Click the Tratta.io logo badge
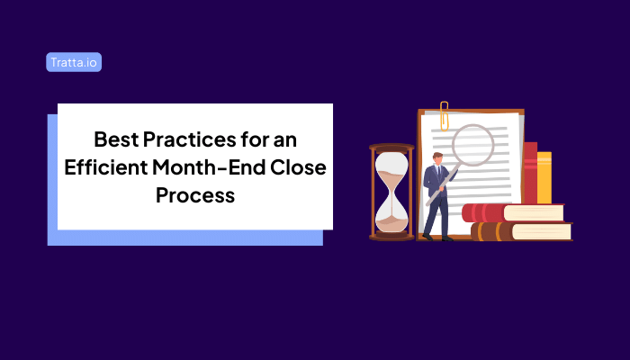[x=73, y=62]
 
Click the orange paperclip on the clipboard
[x=444, y=116]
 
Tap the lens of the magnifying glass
[x=472, y=145]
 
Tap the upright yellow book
[x=544, y=176]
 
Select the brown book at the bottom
[x=522, y=231]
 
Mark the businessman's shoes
[x=436, y=238]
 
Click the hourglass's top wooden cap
[x=391, y=147]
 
